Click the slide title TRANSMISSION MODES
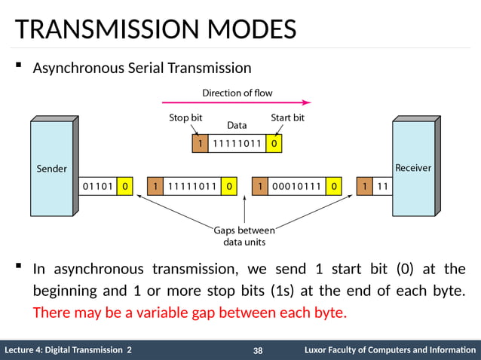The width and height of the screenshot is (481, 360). click(155, 30)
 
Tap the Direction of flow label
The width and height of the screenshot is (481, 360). click(237, 93)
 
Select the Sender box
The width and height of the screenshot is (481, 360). click(52, 168)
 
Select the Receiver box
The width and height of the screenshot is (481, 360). click(413, 168)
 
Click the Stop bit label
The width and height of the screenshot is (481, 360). click(185, 118)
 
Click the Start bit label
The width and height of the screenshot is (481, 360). click(287, 118)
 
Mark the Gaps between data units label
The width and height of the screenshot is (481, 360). click(244, 236)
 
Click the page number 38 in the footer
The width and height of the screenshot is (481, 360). click(258, 350)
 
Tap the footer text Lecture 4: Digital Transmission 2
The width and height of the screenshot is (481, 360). click(68, 350)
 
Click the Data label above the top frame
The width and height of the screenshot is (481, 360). click(237, 126)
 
